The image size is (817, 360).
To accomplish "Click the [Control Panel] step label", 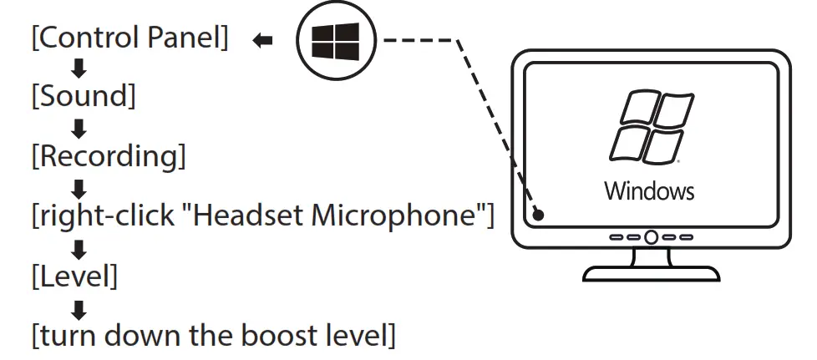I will pos(129,39).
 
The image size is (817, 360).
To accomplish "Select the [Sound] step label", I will pos(83,96).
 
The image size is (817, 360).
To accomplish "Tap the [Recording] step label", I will pos(109,155).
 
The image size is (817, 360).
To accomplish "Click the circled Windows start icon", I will pos(336,40).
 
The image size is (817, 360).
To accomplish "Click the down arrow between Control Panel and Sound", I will pos(79,68).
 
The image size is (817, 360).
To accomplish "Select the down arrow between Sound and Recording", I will pos(79,127).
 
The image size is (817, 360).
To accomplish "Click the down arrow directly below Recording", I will pos(79,186).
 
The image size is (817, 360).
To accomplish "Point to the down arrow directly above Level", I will pos(79,247).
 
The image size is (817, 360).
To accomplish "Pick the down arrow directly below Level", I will pos(79,308).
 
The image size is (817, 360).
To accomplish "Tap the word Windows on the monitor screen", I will pos(649,190).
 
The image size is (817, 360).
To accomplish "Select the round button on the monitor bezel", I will pos(651,237).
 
